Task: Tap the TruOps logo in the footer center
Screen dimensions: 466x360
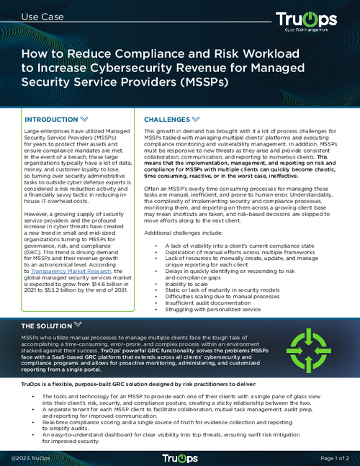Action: (x=179, y=457)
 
